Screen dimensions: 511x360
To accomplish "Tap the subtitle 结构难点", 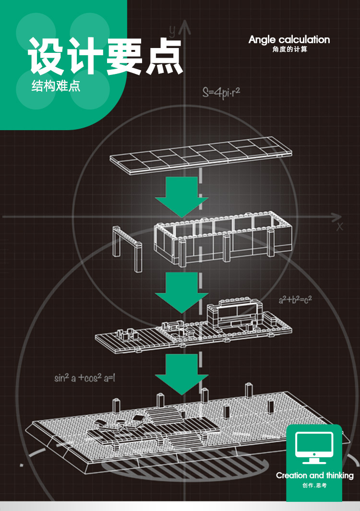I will point(56,87).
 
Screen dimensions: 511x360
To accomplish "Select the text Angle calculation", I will point(289,40).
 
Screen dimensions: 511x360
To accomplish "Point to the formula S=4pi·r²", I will point(221,93).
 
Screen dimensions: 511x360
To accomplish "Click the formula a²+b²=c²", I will point(295,300).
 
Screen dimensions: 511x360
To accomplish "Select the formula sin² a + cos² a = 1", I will point(84,378).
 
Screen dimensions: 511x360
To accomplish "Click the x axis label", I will point(339,226).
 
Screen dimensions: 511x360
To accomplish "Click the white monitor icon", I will point(314,447).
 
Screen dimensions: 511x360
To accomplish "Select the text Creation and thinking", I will point(314,475).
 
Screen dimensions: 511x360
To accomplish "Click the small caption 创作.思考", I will point(314,486).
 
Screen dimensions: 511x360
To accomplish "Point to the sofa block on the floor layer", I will point(235,312).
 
